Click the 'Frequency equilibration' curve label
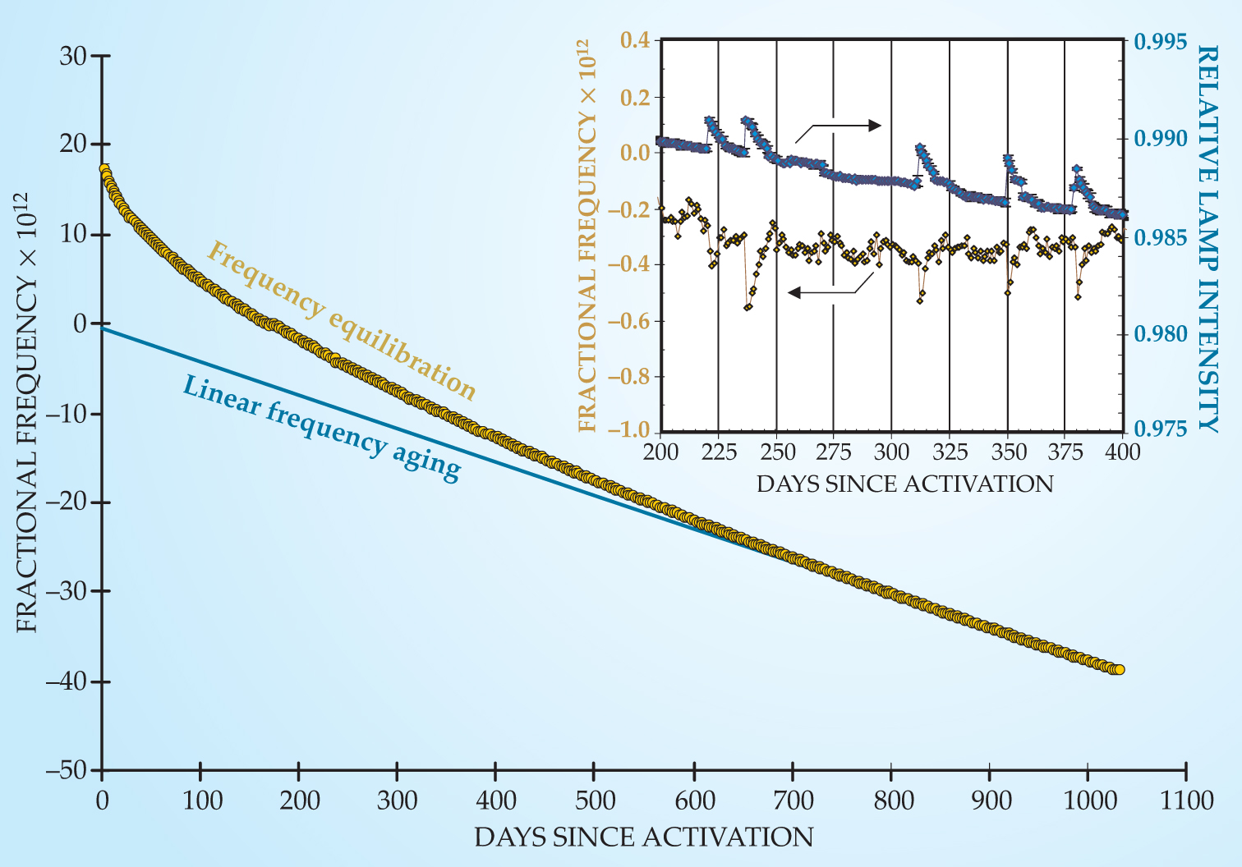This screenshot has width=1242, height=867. [x=341, y=320]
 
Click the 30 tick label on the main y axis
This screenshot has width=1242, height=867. [x=72, y=56]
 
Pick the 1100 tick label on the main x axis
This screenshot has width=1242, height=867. [x=1186, y=800]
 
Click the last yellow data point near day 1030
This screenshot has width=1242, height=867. [x=1119, y=670]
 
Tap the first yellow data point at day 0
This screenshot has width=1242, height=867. [x=103, y=168]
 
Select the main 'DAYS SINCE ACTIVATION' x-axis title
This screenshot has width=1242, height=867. [x=643, y=837]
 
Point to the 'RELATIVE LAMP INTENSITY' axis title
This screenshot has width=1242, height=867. [x=1207, y=238]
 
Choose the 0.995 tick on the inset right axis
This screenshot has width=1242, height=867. [x=1161, y=41]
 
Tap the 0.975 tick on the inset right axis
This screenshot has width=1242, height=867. [x=1161, y=429]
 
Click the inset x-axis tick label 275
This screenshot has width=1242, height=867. [x=833, y=452]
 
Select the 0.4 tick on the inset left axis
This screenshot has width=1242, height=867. [x=634, y=39]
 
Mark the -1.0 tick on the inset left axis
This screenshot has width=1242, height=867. [x=628, y=429]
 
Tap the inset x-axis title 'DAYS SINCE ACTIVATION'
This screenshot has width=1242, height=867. [x=904, y=484]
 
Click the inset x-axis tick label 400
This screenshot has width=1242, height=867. [x=1122, y=452]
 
